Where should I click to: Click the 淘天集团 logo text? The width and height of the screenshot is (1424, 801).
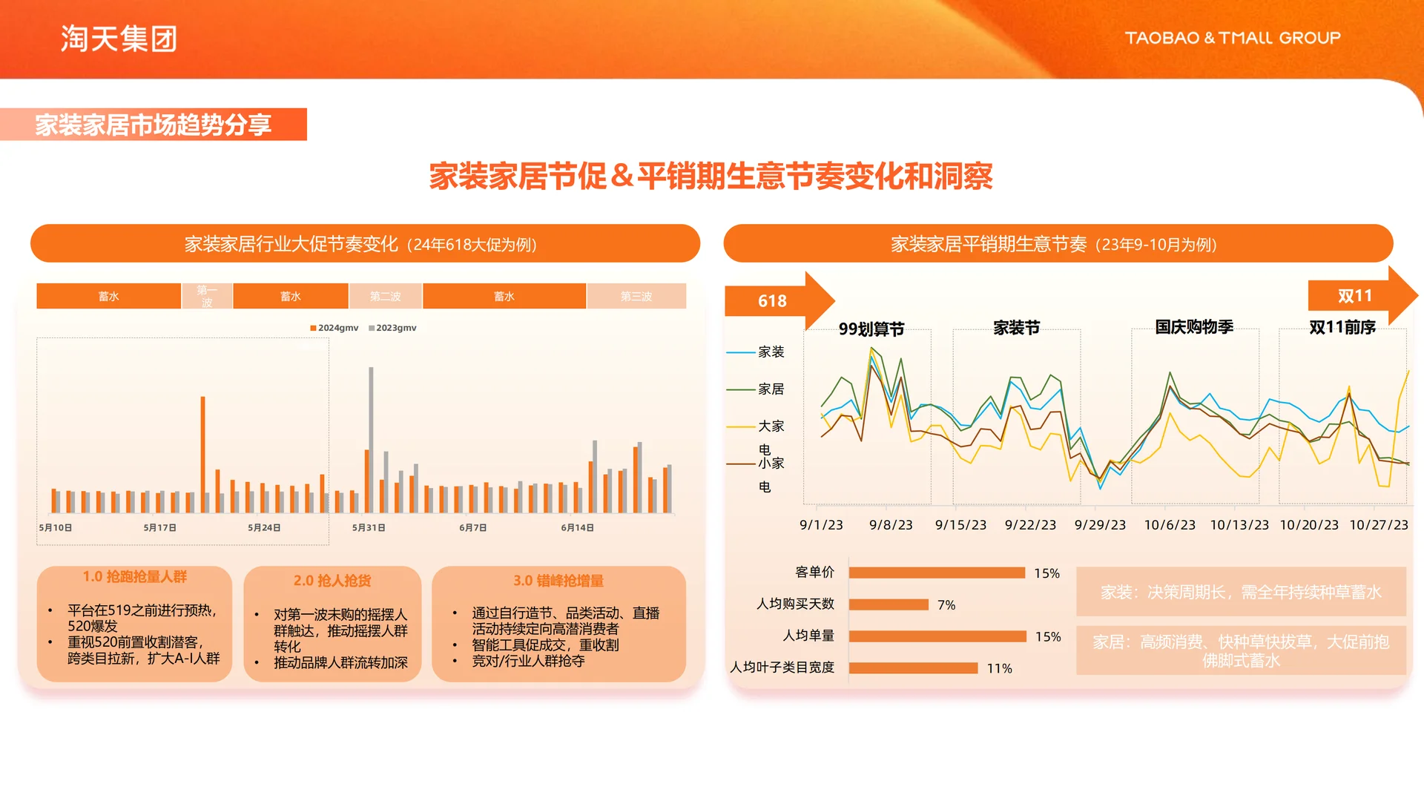pos(119,39)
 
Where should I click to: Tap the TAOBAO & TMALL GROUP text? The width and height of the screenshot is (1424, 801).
pos(1233,38)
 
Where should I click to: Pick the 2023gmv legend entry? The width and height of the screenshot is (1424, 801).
pos(392,328)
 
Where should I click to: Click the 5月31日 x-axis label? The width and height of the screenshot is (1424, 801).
pos(369,528)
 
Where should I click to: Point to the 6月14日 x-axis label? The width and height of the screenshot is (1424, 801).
pos(577,528)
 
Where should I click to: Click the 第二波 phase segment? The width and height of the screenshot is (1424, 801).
pos(385,297)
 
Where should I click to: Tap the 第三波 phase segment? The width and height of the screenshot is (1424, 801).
pos(636,297)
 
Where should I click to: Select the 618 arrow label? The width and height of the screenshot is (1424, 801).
pos(772,301)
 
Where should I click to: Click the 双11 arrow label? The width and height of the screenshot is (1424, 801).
pos(1354,296)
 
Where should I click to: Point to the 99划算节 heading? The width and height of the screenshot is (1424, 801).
pos(871,329)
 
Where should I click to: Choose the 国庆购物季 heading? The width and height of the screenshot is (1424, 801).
pos(1194,327)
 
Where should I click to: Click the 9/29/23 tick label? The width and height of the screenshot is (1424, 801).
pos(1100,525)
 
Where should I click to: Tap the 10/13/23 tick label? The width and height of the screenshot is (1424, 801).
pos(1239,525)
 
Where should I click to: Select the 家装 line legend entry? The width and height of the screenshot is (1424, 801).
pos(770,352)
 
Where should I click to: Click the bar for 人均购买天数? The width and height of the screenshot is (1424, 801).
pos(889,605)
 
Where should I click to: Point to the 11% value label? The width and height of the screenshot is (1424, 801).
pos(999,669)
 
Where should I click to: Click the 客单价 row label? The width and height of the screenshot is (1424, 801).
pos(814,573)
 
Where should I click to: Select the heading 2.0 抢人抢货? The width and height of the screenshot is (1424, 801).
pos(332,581)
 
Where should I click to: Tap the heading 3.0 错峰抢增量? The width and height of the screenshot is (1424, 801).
pos(558,581)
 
